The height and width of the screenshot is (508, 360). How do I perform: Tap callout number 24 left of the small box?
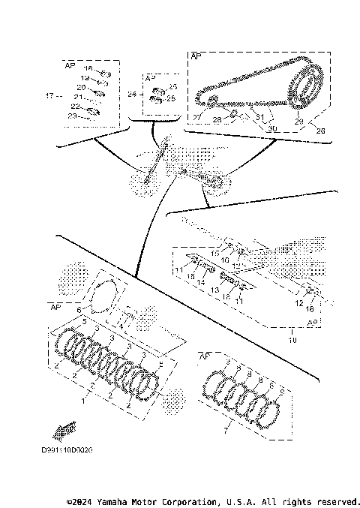pos(132,95)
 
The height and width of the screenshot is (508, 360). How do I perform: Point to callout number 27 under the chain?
pos(196,118)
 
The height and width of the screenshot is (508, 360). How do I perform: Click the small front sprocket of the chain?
pos(211,102)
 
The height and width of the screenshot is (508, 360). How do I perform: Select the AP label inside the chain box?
pos(196,56)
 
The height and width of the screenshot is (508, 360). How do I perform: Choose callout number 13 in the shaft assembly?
pos(213,289)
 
